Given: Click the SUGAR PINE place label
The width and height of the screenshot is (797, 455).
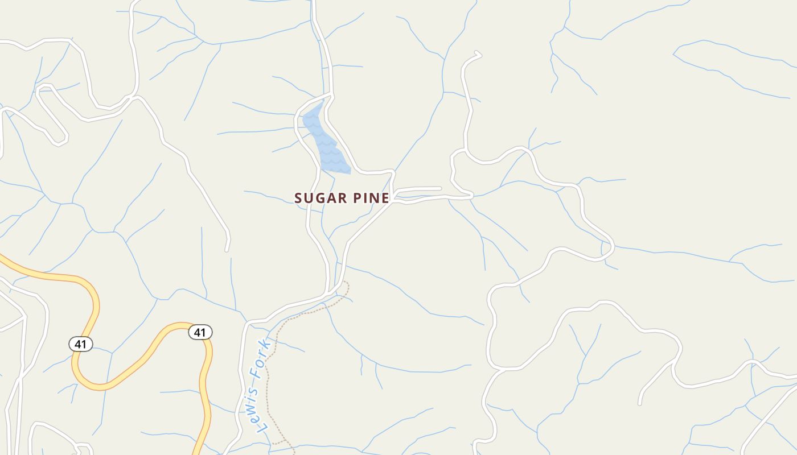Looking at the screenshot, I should click(x=342, y=198).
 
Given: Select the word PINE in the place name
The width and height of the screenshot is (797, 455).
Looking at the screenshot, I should click(x=371, y=198).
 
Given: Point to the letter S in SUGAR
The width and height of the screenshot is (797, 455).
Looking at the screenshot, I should click(x=298, y=198).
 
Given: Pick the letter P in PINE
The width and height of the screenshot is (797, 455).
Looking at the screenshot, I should click(x=358, y=198).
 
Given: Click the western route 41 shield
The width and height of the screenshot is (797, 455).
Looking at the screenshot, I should click(x=81, y=344).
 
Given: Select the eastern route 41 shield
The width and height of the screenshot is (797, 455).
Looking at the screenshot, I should click(x=200, y=332).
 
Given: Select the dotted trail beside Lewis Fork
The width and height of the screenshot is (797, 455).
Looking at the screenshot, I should click(x=268, y=387).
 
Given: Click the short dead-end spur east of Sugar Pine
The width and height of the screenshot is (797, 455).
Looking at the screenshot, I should click(x=424, y=188).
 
